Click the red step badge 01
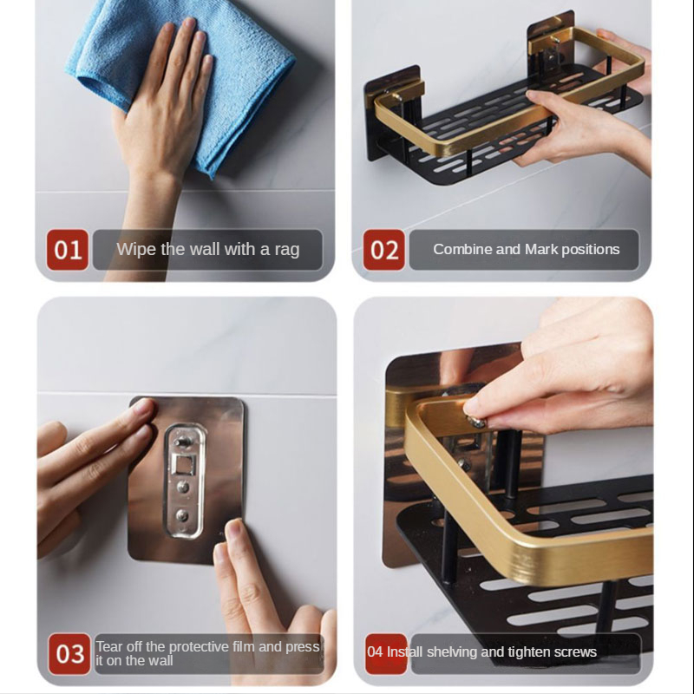[x=68, y=250]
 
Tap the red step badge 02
[x=383, y=250]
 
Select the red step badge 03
[x=69, y=654]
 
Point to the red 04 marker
[x=386, y=654]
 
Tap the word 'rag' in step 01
[x=287, y=250]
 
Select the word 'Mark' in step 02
[x=541, y=249]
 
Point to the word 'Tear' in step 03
[x=109, y=646]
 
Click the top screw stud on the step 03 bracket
[x=182, y=441]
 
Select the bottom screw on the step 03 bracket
[x=182, y=515]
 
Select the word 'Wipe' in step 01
[x=136, y=249]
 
